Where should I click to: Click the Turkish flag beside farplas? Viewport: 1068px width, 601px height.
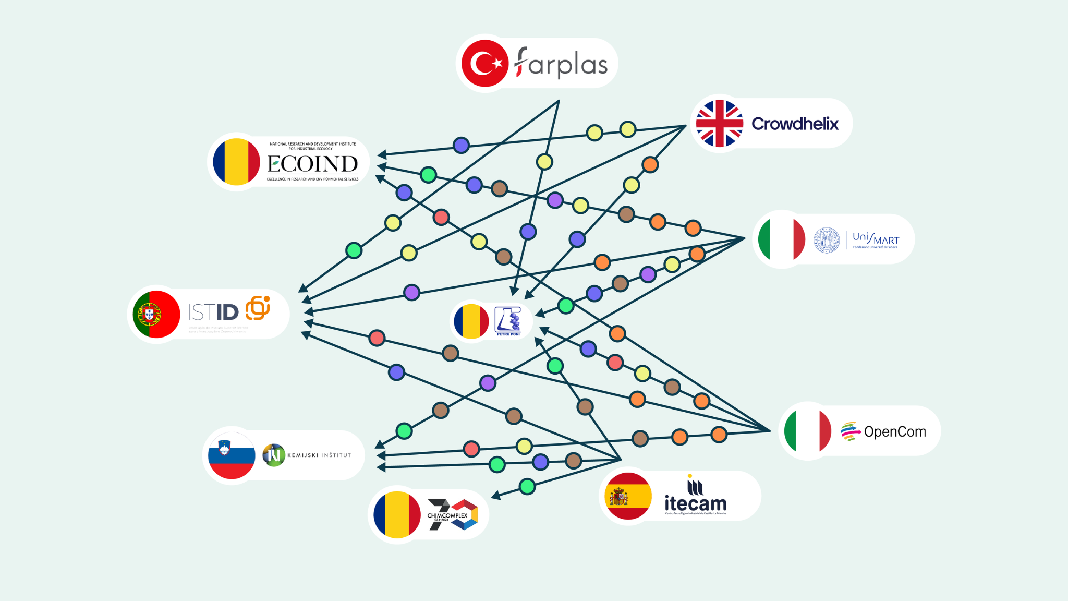coord(485,63)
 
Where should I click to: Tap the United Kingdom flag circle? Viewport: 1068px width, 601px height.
coord(720,124)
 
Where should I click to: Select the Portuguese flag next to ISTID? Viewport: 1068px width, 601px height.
coord(156,314)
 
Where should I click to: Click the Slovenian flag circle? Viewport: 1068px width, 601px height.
coord(232,455)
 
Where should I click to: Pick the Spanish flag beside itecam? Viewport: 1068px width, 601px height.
coord(628,496)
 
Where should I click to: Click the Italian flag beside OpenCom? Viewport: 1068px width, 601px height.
coord(808,431)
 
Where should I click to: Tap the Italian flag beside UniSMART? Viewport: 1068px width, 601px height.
coord(781,239)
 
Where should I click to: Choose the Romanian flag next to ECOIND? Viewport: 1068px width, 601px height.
coord(236,162)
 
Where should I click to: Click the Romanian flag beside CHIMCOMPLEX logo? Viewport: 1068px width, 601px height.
coord(397,514)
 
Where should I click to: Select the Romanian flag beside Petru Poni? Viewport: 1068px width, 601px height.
coord(471,321)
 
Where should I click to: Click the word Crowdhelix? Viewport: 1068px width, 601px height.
coord(795,124)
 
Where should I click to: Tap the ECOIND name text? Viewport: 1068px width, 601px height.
coord(313,164)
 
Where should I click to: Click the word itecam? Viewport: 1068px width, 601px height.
coord(695,503)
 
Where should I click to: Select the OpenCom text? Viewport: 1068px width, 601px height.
coord(895,432)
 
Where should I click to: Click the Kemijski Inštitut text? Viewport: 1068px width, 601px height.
coord(319,455)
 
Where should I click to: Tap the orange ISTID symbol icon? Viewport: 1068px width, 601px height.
coord(258,308)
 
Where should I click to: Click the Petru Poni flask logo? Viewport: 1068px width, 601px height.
coord(508,320)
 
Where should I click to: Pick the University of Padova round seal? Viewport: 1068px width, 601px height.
coord(827,240)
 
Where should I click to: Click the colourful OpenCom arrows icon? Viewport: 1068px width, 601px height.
coord(850,431)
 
